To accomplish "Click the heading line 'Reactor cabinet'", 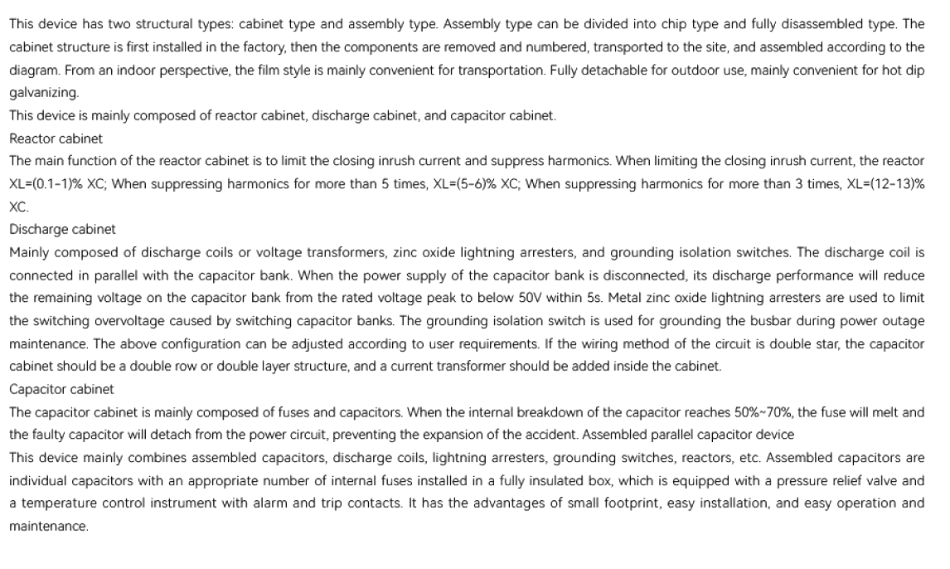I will click(56, 138).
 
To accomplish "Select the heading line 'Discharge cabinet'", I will click(62, 228).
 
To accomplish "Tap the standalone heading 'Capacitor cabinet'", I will click(61, 388).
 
